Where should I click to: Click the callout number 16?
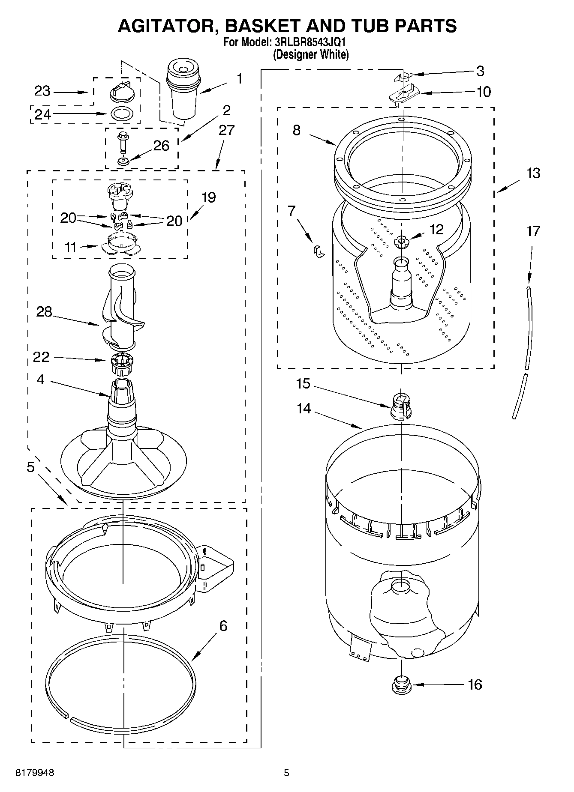[x=475, y=684]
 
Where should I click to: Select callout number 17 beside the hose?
[x=533, y=232]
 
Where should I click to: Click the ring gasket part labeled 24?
[x=122, y=114]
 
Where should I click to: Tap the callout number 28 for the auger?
[x=44, y=312]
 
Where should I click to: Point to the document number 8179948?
[x=35, y=773]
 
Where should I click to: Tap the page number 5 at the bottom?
[x=286, y=773]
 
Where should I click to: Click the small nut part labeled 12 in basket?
[x=401, y=242]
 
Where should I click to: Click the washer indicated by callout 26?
[x=124, y=161]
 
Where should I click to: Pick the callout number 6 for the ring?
[x=223, y=626]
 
